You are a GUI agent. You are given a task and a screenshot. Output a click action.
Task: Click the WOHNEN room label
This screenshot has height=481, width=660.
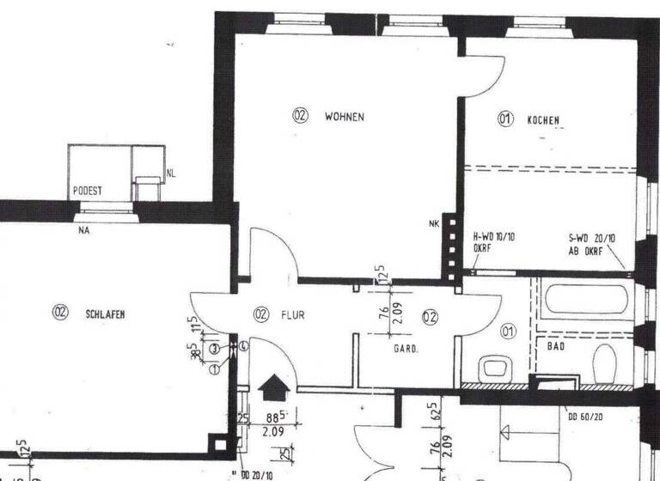tap(345, 117)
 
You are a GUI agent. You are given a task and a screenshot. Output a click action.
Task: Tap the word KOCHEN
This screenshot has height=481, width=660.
tap(543, 120)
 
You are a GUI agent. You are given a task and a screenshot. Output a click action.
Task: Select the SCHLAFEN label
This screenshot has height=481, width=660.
tap(106, 314)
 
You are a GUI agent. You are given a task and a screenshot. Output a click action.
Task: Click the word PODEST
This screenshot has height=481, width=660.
tap(88, 190)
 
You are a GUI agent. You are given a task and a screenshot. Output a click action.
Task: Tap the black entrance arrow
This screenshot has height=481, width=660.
tap(273, 387)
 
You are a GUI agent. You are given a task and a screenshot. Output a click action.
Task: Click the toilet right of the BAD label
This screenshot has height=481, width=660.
tap(604, 364)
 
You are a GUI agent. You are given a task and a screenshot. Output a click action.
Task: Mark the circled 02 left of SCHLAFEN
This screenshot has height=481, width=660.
tap(60, 314)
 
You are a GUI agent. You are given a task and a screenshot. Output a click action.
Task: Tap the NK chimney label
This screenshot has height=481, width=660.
tap(433, 226)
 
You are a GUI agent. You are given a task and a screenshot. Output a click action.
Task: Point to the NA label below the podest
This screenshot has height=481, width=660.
tap(84, 229)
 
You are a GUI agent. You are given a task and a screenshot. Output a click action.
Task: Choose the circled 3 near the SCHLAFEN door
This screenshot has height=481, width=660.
tap(213, 348)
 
